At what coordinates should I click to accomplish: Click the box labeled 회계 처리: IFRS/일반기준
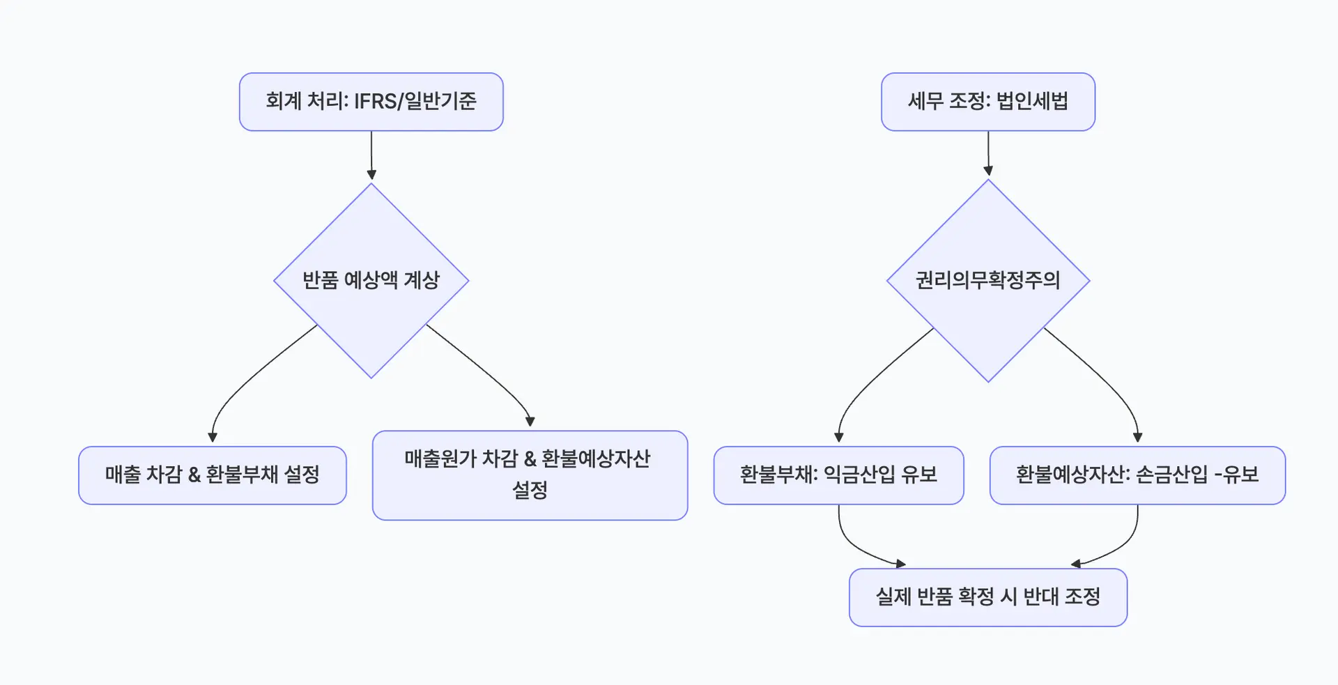pyautogui.click(x=371, y=102)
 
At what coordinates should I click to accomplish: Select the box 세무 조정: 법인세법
pyautogui.click(x=987, y=102)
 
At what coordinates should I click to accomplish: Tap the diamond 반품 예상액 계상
pyautogui.click(x=371, y=280)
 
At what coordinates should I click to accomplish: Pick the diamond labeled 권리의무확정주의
pyautogui.click(x=987, y=280)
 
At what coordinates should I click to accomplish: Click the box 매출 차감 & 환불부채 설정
pyautogui.click(x=212, y=475)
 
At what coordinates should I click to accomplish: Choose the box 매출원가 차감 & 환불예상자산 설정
pyautogui.click(x=530, y=475)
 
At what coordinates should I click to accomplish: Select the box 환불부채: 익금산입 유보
pyautogui.click(x=838, y=475)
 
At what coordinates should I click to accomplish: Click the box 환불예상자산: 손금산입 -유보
pyautogui.click(x=1137, y=475)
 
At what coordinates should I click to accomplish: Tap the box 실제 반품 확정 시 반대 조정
pyautogui.click(x=987, y=597)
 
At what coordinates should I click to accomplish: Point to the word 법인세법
pyautogui.click(x=1032, y=102)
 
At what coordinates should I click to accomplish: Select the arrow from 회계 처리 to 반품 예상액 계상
pyautogui.click(x=371, y=155)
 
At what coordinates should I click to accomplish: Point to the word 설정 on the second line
pyautogui.click(x=530, y=491)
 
